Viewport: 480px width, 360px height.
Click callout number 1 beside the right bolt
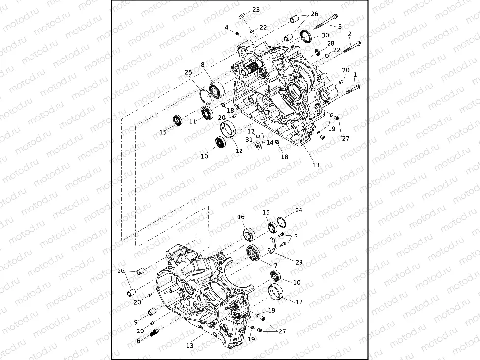355,74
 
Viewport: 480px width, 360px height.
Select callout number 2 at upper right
349,34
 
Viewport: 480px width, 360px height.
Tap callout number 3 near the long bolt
339,26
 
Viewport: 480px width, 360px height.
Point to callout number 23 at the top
256,10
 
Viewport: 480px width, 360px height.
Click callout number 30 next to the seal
325,35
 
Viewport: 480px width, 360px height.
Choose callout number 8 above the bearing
202,64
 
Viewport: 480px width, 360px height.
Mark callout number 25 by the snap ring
188,73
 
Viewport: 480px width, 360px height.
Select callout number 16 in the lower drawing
241,217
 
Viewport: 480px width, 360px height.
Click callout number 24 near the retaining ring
298,210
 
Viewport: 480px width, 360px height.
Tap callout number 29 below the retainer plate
299,262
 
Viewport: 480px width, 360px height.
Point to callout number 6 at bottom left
139,341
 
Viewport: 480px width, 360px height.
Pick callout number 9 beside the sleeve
136,322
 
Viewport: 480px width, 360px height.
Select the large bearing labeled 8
216,90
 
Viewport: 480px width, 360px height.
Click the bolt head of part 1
357,87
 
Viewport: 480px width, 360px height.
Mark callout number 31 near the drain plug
249,140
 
